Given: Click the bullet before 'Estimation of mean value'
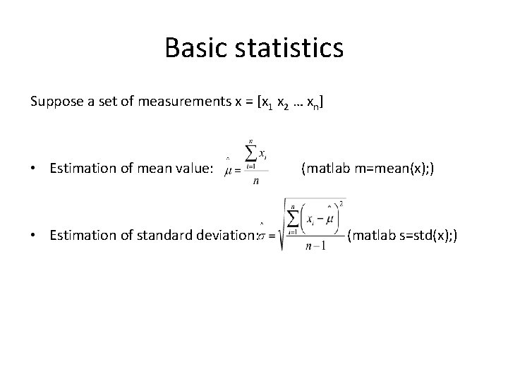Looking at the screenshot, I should [34, 169].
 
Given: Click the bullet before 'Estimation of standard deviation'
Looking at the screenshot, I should [34, 235].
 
